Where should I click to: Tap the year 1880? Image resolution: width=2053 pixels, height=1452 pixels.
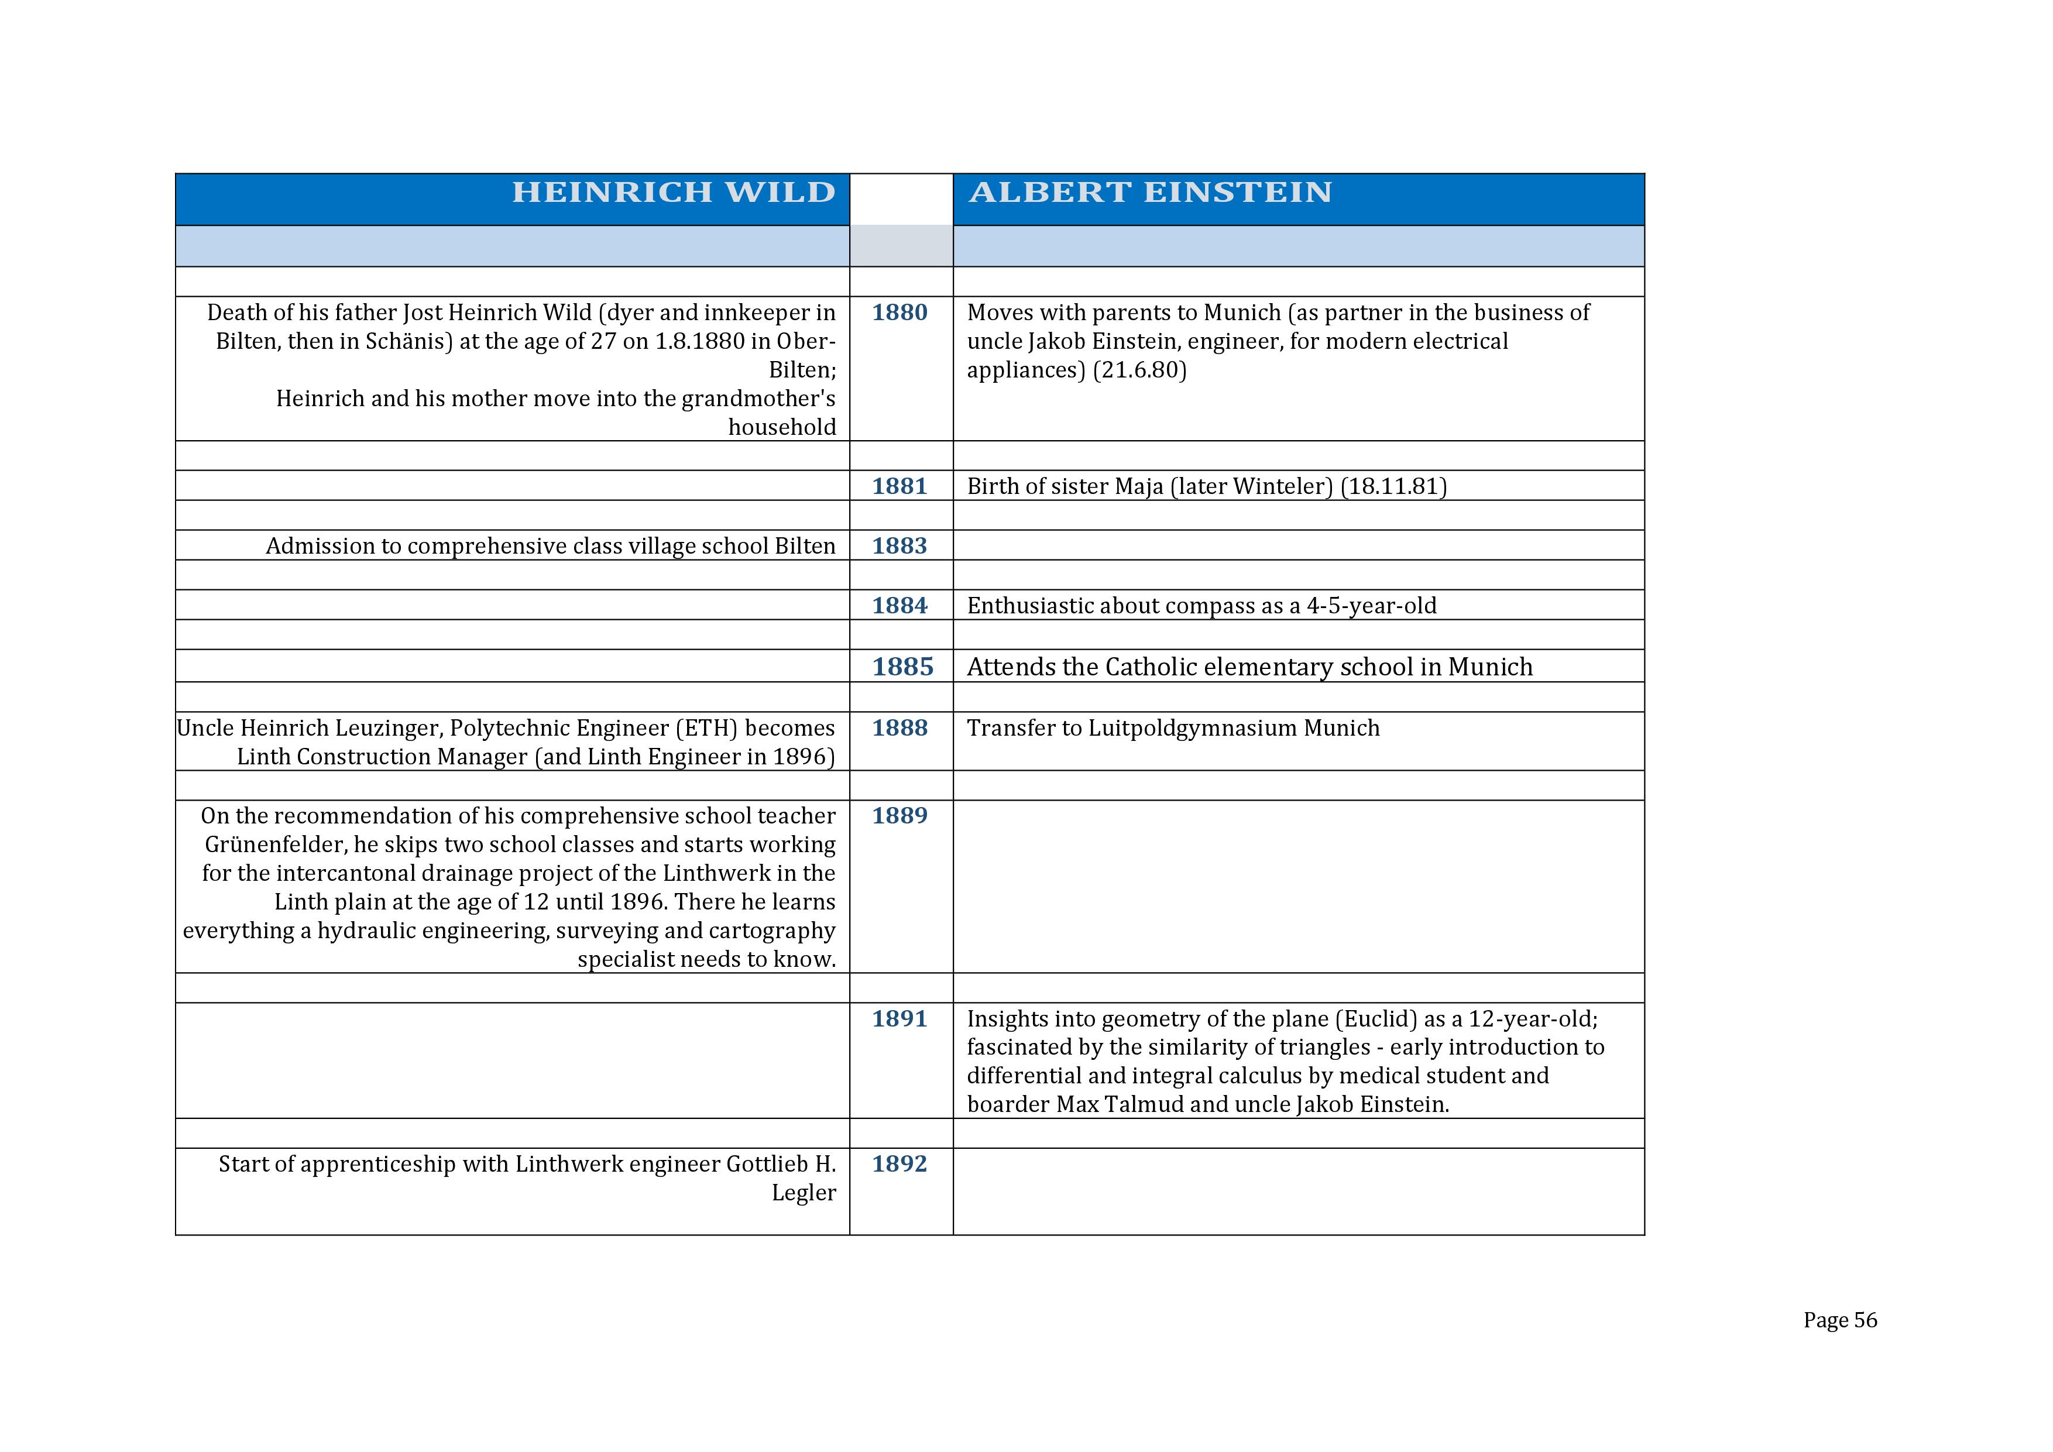pyautogui.click(x=900, y=313)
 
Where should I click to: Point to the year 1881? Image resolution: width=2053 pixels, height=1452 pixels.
pyautogui.click(x=900, y=486)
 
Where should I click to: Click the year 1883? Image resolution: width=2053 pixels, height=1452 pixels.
pyautogui.click(x=900, y=546)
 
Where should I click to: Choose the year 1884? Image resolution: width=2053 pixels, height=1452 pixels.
pyautogui.click(x=900, y=606)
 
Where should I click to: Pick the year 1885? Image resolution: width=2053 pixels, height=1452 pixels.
pyautogui.click(x=902, y=667)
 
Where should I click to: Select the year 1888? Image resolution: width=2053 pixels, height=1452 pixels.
pyautogui.click(x=900, y=729)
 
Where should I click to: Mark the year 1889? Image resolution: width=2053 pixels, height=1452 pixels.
pyautogui.click(x=900, y=816)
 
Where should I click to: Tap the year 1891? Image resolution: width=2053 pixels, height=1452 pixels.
pyautogui.click(x=900, y=1020)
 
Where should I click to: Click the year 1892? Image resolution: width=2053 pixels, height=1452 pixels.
pyautogui.click(x=900, y=1164)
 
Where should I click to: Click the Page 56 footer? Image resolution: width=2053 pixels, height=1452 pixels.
pyautogui.click(x=1839, y=1320)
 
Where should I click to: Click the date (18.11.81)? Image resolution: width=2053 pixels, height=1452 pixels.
pyautogui.click(x=1393, y=486)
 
